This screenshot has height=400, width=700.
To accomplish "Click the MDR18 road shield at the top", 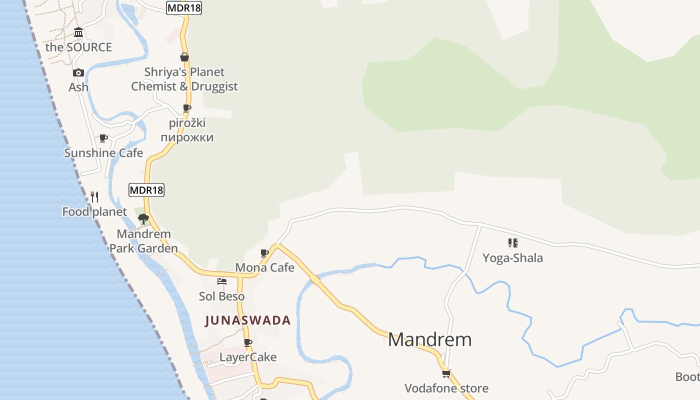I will (184, 7).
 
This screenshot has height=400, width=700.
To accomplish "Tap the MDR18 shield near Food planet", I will (146, 190).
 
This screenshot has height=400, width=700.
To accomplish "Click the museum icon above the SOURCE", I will (78, 33).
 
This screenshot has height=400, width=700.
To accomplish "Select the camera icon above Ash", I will (78, 73).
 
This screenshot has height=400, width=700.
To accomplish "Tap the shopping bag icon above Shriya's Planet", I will (184, 57).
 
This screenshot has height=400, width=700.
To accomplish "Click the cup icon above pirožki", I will (187, 108).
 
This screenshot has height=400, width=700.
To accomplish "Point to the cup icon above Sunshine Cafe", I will (103, 138).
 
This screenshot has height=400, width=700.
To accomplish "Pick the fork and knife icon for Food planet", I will (94, 196).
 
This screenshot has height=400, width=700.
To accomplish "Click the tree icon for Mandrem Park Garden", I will (143, 218).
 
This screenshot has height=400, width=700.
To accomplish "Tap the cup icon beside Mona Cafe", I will (264, 253).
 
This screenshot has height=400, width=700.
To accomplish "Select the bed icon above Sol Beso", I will (222, 281).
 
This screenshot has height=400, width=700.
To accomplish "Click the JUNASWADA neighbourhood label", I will (248, 320).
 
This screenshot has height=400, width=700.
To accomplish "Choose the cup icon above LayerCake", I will (247, 342).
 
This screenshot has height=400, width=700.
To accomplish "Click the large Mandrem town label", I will (429, 340).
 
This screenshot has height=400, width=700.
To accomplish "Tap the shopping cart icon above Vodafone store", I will (446, 373).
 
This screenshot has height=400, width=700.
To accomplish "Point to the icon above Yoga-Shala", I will (512, 243).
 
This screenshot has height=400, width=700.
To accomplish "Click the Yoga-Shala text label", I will (512, 258).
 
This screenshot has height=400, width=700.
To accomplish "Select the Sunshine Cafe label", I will (103, 153).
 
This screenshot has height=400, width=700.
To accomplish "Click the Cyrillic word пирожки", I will (187, 137).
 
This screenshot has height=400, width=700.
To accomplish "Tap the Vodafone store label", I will (446, 388).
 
